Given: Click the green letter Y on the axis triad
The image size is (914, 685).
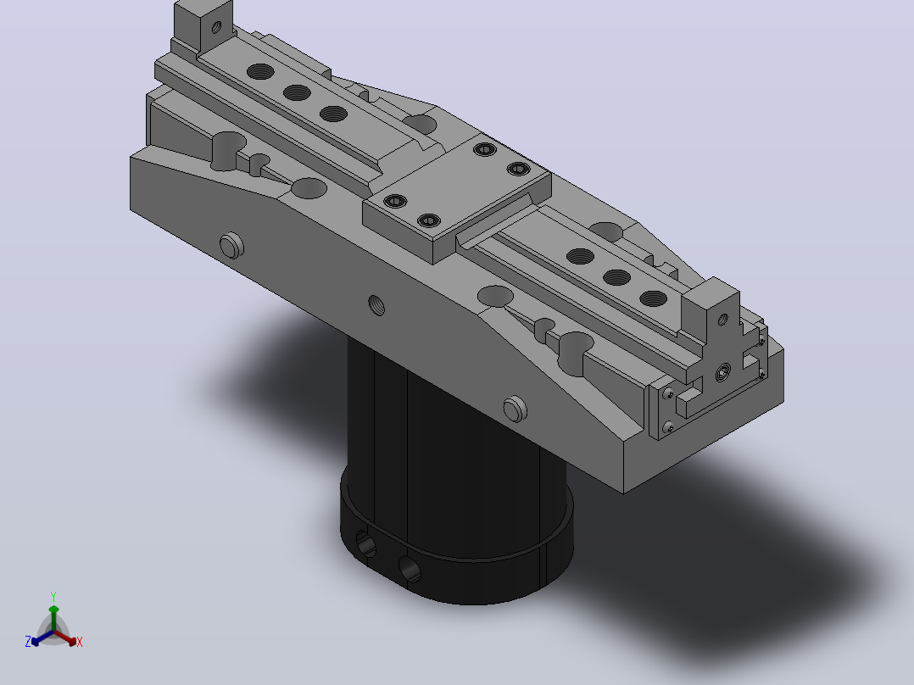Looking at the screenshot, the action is pyautogui.click(x=53, y=596).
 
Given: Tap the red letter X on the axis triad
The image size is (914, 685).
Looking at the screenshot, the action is pyautogui.click(x=80, y=642).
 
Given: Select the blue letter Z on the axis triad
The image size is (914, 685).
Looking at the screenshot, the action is pyautogui.click(x=28, y=642).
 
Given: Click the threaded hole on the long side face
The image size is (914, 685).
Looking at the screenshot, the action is pyautogui.click(x=376, y=305).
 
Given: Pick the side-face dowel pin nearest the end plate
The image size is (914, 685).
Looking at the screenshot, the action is pyautogui.click(x=515, y=409).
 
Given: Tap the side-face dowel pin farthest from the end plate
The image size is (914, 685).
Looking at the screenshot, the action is pyautogui.click(x=231, y=246).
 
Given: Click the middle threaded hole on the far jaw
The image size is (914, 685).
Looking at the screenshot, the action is pyautogui.click(x=297, y=92).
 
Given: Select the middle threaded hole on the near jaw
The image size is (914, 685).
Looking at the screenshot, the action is pyautogui.click(x=616, y=277).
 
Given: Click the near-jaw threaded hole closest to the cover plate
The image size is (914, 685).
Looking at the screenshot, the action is pyautogui.click(x=580, y=256).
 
